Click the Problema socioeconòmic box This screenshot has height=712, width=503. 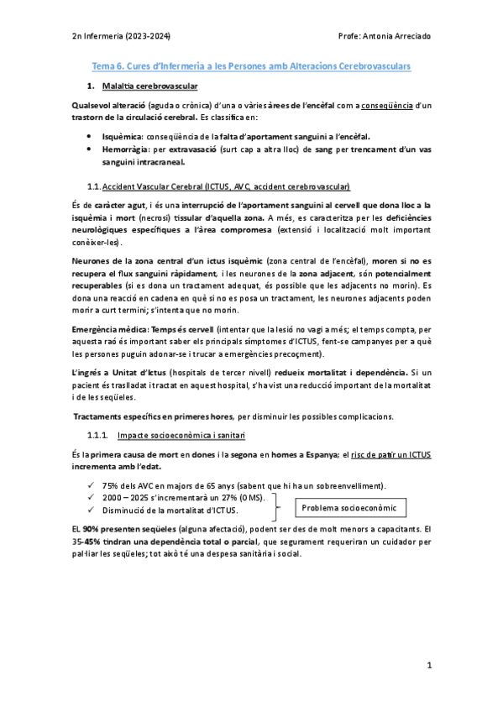(349, 509)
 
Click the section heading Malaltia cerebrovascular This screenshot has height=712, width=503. (149, 86)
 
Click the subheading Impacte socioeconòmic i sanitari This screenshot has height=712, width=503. (181, 434)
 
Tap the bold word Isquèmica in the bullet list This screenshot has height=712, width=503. (122, 134)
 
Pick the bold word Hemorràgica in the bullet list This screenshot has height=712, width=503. (126, 148)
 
